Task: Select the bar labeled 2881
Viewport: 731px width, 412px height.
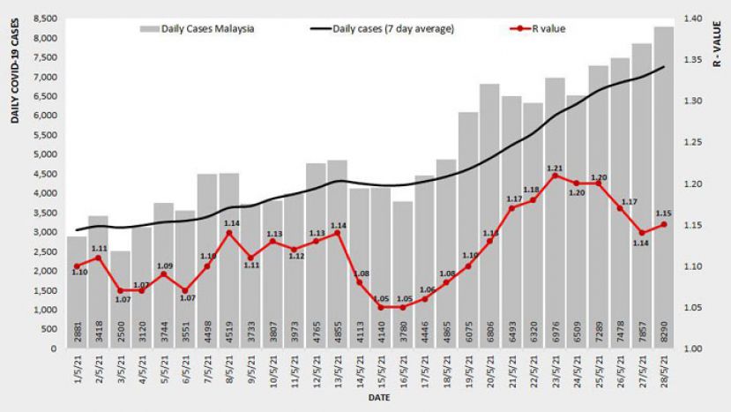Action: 77,292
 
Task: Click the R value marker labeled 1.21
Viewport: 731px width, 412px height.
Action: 555,176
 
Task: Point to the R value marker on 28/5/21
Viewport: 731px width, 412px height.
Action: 663,224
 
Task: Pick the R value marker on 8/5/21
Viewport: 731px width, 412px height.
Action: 229,233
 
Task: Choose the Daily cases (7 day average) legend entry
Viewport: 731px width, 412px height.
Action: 384,29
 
